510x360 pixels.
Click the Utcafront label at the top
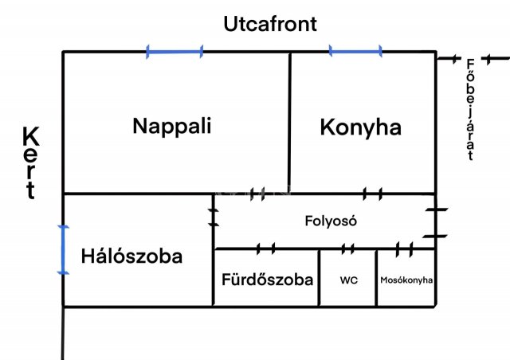click(x=270, y=24)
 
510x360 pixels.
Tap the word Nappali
click(x=172, y=126)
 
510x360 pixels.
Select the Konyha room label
click(x=360, y=127)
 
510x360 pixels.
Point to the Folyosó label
click(x=331, y=221)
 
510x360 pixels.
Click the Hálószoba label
click(x=131, y=256)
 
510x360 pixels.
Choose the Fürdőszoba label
click(x=267, y=280)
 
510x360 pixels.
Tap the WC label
click(x=349, y=280)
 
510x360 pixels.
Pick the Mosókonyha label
click(x=406, y=280)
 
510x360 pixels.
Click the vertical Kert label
click(x=31, y=162)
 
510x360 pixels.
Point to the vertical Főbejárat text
click(x=470, y=110)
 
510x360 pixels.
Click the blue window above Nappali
click(x=175, y=52)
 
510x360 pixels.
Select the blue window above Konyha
click(x=355, y=52)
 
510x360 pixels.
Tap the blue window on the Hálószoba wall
click(x=63, y=250)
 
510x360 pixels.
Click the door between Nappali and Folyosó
click(x=257, y=194)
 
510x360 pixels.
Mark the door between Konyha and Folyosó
click(x=372, y=194)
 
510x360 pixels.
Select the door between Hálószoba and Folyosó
click(x=214, y=217)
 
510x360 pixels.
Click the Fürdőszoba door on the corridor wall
click(x=266, y=248)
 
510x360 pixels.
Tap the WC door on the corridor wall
click(x=347, y=249)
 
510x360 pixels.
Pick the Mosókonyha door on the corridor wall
click(x=404, y=249)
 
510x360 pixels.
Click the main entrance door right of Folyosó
click(x=436, y=223)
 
